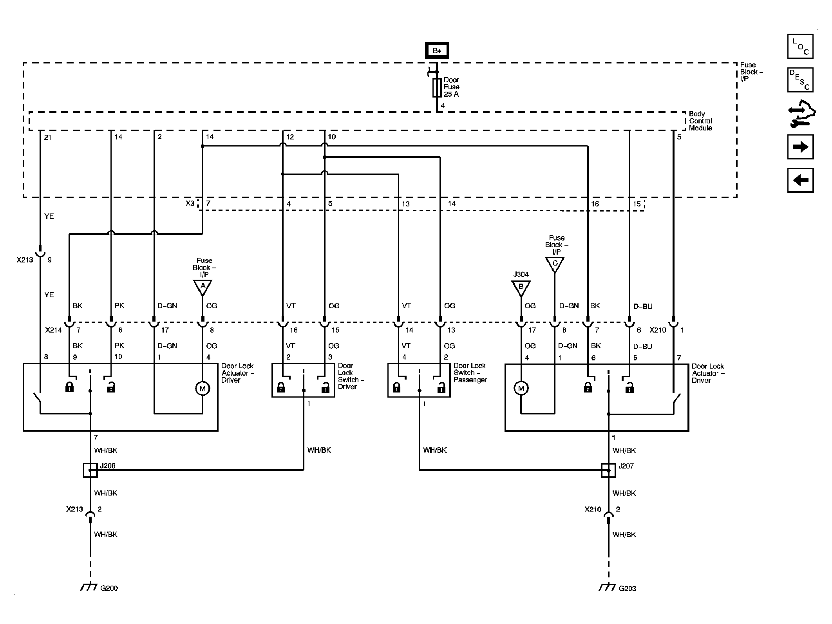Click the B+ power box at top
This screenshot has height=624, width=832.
pos(437,51)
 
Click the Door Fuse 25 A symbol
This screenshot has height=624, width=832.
pos(437,87)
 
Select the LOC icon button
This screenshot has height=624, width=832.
pos(800,46)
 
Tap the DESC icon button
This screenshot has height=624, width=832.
pos(800,80)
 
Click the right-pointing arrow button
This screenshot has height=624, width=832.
pos(800,147)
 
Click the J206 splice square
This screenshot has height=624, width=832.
pos(90,470)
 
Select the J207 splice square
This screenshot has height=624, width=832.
pos(608,470)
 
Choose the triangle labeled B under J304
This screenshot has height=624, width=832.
pos(521,288)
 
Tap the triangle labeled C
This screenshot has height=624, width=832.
pos(555,264)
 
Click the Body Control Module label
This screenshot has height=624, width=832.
pos(700,121)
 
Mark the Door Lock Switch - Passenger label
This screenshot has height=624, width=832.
pos(470,373)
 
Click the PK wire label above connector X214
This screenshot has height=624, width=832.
pos(119,305)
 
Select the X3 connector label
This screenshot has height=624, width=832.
pos(190,203)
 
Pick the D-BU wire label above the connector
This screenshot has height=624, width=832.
pos(643,306)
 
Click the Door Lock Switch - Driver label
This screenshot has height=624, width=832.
pos(351,376)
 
